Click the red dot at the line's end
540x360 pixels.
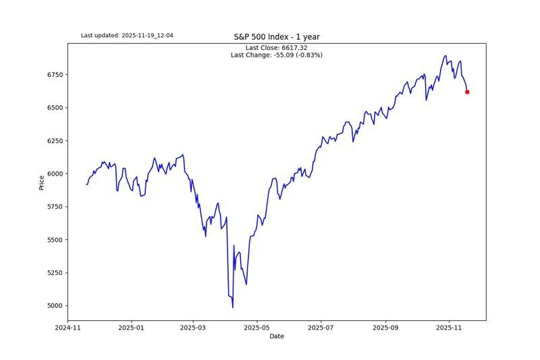tap(467, 92)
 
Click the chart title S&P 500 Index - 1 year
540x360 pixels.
tap(277, 37)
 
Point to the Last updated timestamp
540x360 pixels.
tap(127, 35)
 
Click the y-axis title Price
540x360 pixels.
tap(42, 182)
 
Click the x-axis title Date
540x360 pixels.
tap(277, 336)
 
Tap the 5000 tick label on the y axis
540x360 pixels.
tap(55, 306)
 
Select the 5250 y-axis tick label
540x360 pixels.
tap(55, 273)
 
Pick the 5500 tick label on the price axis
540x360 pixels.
tap(55, 240)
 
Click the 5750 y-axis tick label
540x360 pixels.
tap(55, 207)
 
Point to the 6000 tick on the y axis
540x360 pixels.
tap(55, 174)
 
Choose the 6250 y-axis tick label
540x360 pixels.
tap(55, 140)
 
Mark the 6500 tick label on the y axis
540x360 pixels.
tap(55, 107)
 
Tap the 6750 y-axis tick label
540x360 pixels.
tap(55, 74)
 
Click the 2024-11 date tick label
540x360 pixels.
tap(67, 328)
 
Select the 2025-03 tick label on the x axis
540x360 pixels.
tap(194, 328)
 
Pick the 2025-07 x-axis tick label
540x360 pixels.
tap(321, 328)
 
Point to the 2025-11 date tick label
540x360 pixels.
tap(450, 328)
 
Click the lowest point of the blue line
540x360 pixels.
tap(233, 308)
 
